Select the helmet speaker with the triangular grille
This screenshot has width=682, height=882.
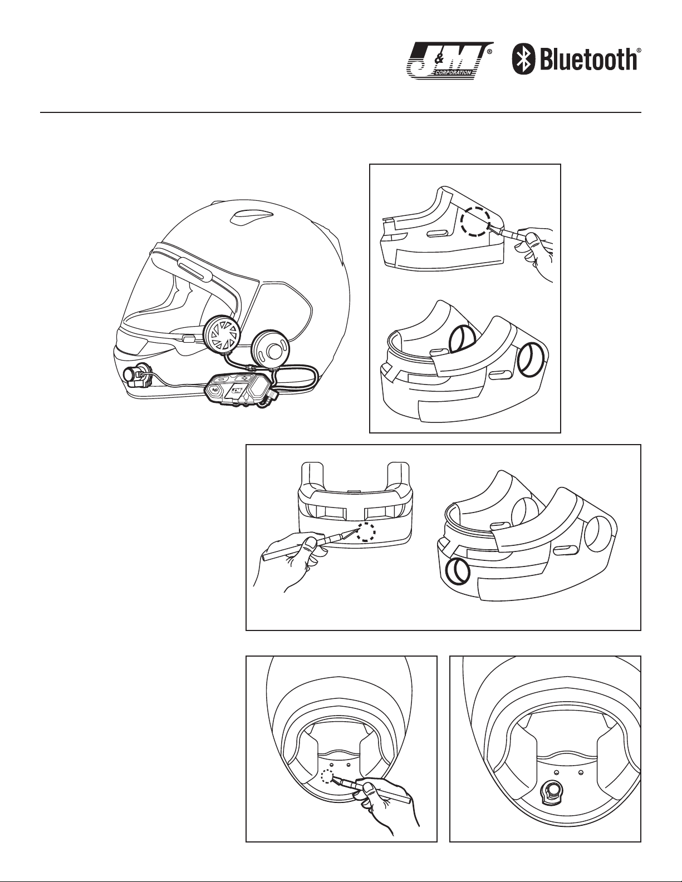click(222, 336)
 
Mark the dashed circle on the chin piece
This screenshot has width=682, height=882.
click(366, 532)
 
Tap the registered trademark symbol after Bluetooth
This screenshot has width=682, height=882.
click(639, 50)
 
